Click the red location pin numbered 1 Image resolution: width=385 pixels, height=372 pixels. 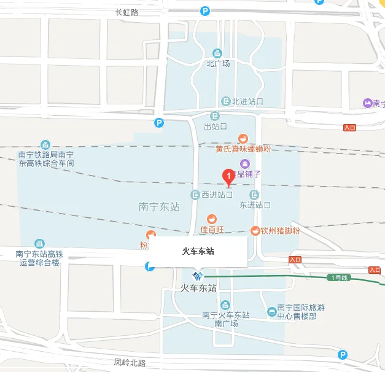pyautogui.click(x=228, y=177)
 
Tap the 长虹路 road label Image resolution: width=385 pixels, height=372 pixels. pyautogui.click(x=127, y=12)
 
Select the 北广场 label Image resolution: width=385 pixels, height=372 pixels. pyautogui.click(x=218, y=63)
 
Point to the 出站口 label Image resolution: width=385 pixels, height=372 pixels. pyautogui.click(x=216, y=126)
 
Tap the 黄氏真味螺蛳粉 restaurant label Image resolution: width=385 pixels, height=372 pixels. pyautogui.click(x=243, y=149)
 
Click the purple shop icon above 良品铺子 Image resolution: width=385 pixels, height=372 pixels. pyautogui.click(x=245, y=163)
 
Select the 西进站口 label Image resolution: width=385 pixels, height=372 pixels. pyautogui.click(x=217, y=195)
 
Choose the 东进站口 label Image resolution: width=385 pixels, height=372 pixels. pyautogui.click(x=255, y=204)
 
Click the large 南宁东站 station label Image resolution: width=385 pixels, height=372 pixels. pyautogui.click(x=160, y=207)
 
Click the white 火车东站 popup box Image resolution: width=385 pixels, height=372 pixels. pyautogui.click(x=198, y=251)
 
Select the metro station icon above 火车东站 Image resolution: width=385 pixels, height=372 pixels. pyautogui.click(x=198, y=275)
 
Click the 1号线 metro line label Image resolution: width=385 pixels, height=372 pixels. pyautogui.click(x=340, y=277)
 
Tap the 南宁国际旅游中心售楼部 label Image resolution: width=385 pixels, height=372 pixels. pyautogui.click(x=297, y=311)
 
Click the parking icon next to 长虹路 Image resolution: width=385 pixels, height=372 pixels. pyautogui.click(x=205, y=10)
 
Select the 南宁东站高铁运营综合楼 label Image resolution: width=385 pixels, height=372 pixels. pyautogui.click(x=39, y=258)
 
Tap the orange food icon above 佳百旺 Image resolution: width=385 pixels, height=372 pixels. pyautogui.click(x=212, y=219)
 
